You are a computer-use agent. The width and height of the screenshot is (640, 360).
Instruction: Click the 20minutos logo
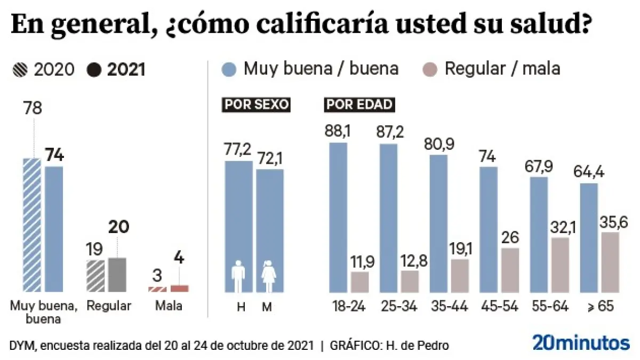[x=581, y=343]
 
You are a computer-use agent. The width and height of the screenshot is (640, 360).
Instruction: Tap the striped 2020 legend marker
[x=20, y=70]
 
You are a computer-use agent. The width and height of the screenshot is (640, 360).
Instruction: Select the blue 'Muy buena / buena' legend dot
[x=228, y=69]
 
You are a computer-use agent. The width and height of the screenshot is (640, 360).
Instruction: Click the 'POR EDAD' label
[x=359, y=105]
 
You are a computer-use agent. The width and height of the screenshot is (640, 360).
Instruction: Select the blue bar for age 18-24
[x=338, y=218]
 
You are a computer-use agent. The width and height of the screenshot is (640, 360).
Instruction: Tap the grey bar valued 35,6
[x=610, y=262]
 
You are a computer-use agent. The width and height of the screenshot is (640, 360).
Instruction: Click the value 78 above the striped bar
[x=33, y=109]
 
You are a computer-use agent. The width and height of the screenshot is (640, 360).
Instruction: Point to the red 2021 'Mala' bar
[x=179, y=289]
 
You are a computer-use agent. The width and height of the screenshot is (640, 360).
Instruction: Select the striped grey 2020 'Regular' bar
[x=96, y=276]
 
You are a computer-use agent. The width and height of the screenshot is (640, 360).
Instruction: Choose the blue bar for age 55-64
[x=539, y=235]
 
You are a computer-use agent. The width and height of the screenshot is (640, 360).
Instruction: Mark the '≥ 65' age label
[x=601, y=307]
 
